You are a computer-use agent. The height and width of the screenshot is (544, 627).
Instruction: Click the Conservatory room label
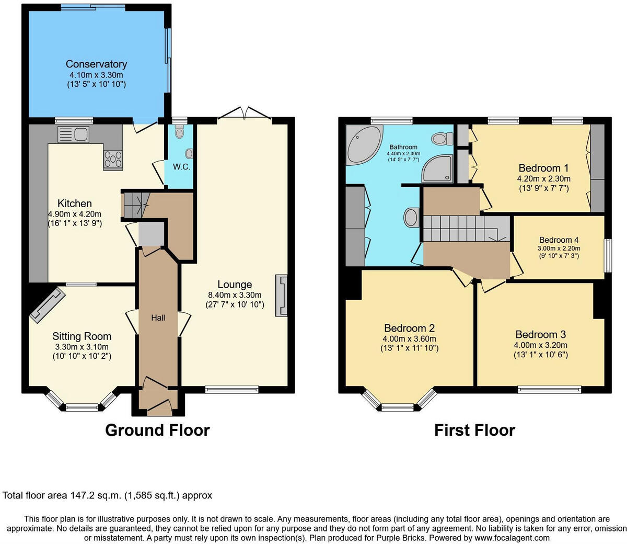[96, 64]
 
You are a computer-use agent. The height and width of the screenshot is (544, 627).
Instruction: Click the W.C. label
[181, 167]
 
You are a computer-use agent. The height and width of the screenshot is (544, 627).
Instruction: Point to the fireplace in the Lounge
[282, 296]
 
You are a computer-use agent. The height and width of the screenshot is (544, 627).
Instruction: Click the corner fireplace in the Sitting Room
[48, 305]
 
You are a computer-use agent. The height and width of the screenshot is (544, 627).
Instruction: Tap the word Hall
[158, 318]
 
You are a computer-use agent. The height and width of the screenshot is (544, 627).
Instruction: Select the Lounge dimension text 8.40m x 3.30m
[235, 295]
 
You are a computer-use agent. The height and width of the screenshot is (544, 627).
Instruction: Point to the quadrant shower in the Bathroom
[437, 168]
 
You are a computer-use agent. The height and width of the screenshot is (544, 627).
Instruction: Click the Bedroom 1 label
[543, 168]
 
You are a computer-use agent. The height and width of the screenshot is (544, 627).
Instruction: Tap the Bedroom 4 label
[559, 240]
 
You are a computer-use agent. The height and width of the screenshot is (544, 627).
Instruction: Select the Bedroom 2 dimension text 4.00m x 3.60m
[409, 339]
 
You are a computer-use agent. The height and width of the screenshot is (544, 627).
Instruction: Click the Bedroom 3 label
[540, 334]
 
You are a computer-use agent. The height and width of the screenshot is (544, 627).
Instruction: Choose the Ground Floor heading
[157, 430]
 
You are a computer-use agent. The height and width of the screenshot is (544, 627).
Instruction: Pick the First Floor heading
[474, 430]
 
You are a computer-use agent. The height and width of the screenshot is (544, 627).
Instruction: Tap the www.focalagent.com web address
[512, 538]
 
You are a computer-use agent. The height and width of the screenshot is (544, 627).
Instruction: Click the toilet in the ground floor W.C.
[180, 133]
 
